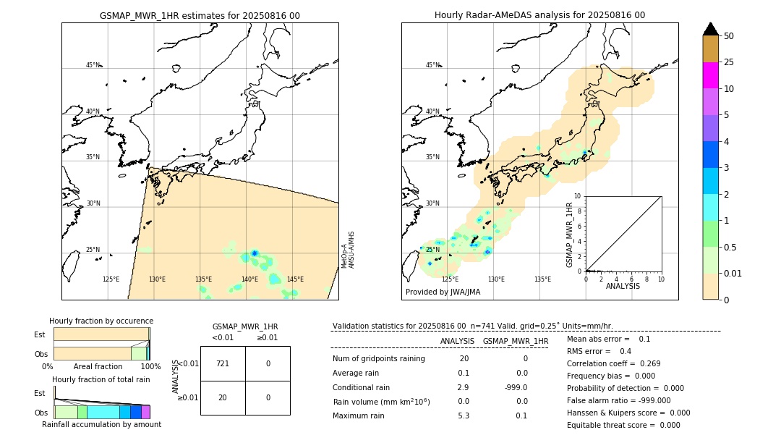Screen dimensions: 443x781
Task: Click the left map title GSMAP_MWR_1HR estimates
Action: tap(200, 15)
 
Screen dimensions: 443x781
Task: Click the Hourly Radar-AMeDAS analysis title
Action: tap(539, 15)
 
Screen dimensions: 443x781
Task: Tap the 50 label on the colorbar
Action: tap(729, 36)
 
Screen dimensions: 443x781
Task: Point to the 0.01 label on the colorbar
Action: tap(734, 274)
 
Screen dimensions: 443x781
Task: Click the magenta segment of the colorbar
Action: tap(710, 75)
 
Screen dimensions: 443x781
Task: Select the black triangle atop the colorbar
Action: tap(710, 29)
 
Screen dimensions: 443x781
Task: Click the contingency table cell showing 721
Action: tap(223, 363)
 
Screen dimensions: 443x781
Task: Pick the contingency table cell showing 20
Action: tap(223, 397)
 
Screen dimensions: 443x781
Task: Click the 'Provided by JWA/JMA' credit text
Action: tap(443, 292)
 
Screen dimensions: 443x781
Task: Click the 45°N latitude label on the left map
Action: tap(93, 65)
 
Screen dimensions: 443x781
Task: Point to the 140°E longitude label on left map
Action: tap(249, 279)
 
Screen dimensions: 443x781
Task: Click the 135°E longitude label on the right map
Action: tap(542, 279)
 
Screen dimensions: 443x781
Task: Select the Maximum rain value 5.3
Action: tap(463, 415)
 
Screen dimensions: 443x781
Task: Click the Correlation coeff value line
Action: tap(613, 363)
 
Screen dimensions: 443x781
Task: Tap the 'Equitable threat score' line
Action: tap(623, 425)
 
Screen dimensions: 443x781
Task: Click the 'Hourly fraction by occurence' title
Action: tap(101, 321)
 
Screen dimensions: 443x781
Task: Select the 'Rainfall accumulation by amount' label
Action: tap(101, 424)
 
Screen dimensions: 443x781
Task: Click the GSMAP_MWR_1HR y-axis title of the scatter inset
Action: tap(569, 235)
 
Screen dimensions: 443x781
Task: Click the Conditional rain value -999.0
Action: tap(515, 387)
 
